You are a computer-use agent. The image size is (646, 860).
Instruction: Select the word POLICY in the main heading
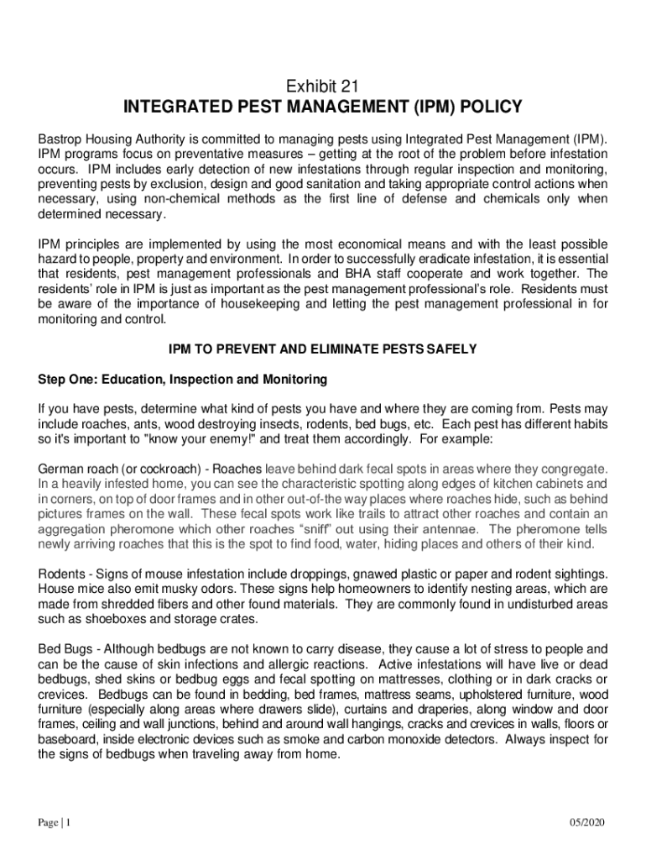[483, 107]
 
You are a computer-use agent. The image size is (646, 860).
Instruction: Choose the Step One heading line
[182, 380]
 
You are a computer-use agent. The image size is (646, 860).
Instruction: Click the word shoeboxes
[97, 619]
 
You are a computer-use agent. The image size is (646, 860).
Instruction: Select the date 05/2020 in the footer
[586, 822]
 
